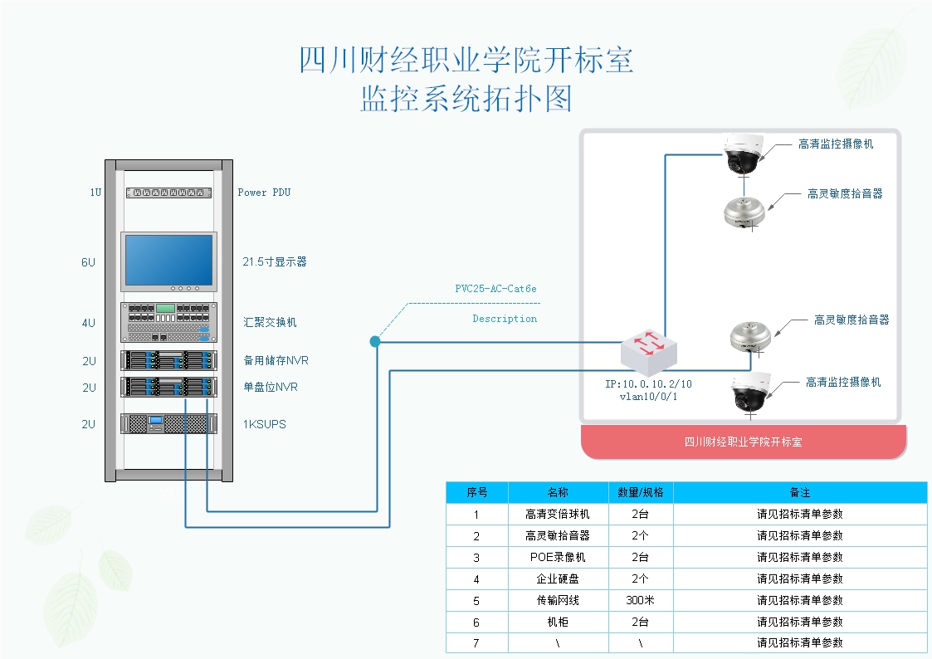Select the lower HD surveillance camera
coord(752,393)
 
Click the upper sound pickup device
coord(743,211)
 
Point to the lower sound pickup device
coord(750,336)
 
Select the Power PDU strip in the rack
coord(169,193)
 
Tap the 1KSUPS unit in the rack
coord(169,424)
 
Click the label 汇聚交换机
coord(270,322)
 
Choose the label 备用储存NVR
coord(276,361)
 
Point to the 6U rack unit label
coord(89,262)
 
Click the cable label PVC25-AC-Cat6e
coord(495,290)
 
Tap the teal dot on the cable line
coord(375,341)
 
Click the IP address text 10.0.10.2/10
coord(648,384)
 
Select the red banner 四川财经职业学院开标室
coord(743,442)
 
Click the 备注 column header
coord(799,492)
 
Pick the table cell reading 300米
coord(640,600)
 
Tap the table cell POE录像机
coord(558,557)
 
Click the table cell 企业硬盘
coord(558,578)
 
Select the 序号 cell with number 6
coord(476,622)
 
